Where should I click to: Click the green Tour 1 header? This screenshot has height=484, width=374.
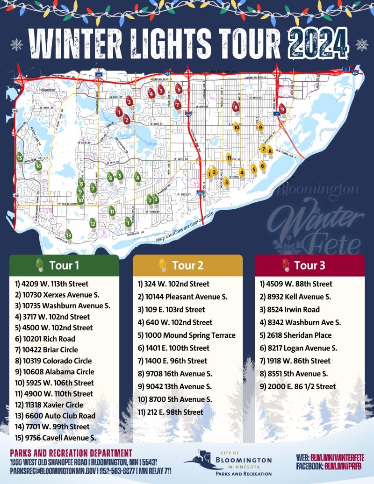click(x=64, y=265)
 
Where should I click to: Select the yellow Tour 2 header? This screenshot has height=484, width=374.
click(x=187, y=265)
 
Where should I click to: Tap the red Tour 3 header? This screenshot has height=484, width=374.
click(x=309, y=265)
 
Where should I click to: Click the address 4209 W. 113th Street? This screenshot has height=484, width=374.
click(x=51, y=284)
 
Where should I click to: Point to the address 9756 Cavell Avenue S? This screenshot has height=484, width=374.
click(x=55, y=438)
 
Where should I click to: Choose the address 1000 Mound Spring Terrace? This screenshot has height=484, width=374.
click(x=187, y=335)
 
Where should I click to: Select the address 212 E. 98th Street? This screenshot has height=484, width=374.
click(x=171, y=412)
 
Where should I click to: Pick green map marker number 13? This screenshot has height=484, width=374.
click(x=69, y=234)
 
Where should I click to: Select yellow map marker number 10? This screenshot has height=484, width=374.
click(x=237, y=126)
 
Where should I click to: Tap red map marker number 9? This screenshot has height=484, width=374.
click(x=282, y=109)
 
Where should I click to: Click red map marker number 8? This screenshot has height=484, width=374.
click(x=236, y=107)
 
